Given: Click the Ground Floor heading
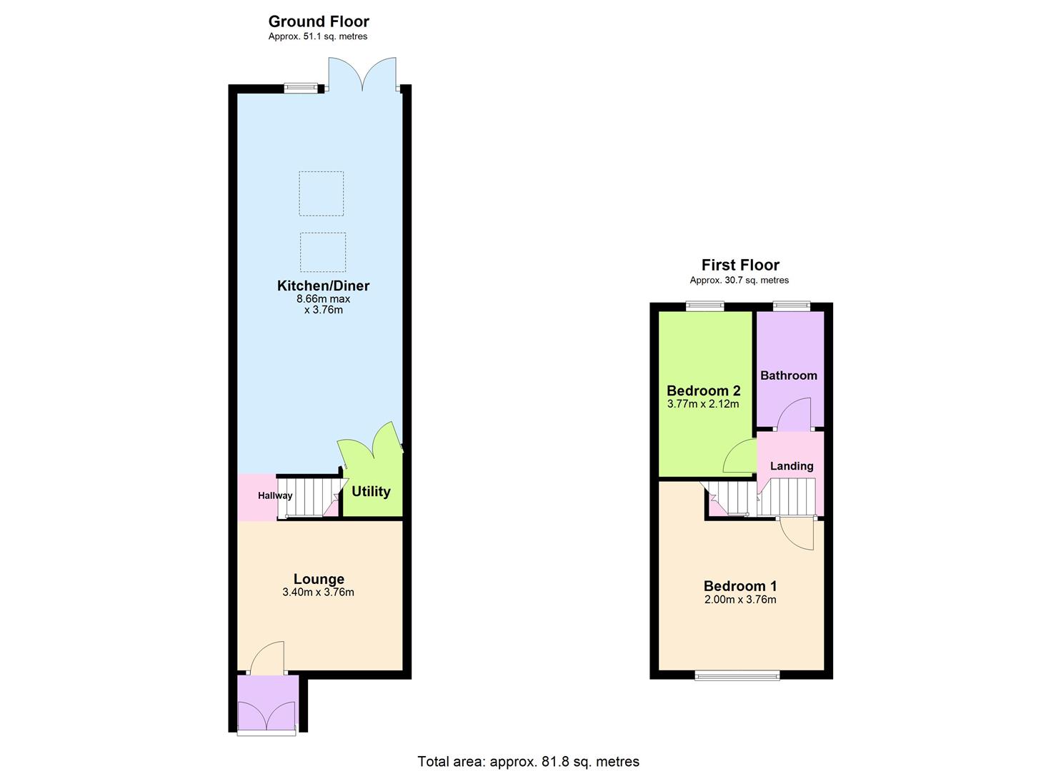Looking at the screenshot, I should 319,21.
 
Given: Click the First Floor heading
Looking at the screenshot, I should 740,265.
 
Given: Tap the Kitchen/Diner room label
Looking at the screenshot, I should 323,286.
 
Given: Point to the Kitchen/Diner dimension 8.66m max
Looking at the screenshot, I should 323,299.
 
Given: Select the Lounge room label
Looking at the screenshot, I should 319,579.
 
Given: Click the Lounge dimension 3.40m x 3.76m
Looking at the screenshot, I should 318,592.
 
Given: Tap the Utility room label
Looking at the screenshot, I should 371,491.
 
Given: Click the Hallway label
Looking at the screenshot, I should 275,495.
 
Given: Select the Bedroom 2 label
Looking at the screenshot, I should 703,390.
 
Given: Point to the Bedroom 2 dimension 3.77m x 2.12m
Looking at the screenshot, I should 703,404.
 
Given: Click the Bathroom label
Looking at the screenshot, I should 788,376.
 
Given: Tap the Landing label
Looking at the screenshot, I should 792,466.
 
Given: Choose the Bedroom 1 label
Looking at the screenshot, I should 740,586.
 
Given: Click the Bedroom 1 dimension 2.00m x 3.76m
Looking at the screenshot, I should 740,600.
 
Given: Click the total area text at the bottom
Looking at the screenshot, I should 528,761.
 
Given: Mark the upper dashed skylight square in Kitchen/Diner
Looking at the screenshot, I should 321,193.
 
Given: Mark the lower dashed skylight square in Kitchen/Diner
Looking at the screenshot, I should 323,252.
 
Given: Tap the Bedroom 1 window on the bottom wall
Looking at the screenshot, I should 737,675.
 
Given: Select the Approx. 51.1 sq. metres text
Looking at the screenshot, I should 318,36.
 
